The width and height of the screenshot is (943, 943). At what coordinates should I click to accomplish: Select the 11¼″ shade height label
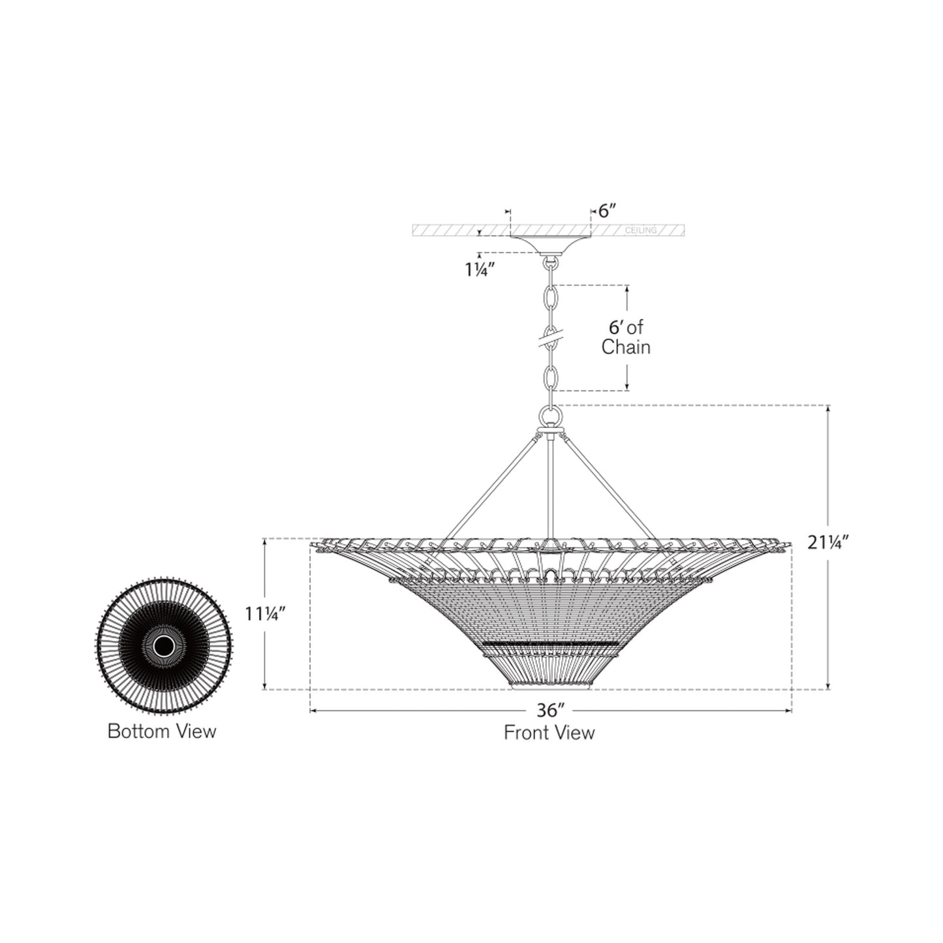pyautogui.click(x=265, y=614)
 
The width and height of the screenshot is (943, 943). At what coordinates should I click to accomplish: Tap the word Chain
pyautogui.click(x=626, y=347)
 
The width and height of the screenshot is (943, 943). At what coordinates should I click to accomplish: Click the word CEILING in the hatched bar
pyautogui.click(x=641, y=230)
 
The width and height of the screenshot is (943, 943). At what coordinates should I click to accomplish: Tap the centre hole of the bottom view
pyautogui.click(x=163, y=647)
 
